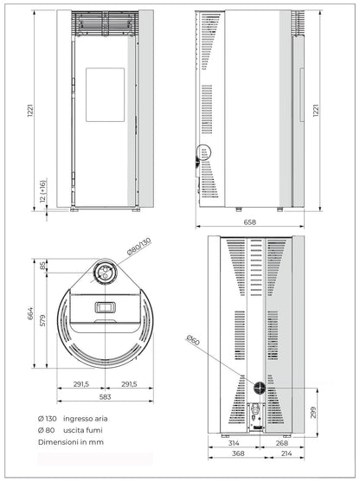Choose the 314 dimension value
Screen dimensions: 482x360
pos(233,443)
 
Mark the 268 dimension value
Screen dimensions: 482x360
pos(281,443)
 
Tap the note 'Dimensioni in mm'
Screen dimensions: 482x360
pos(69,442)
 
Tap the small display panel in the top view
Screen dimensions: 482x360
pos(104,307)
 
